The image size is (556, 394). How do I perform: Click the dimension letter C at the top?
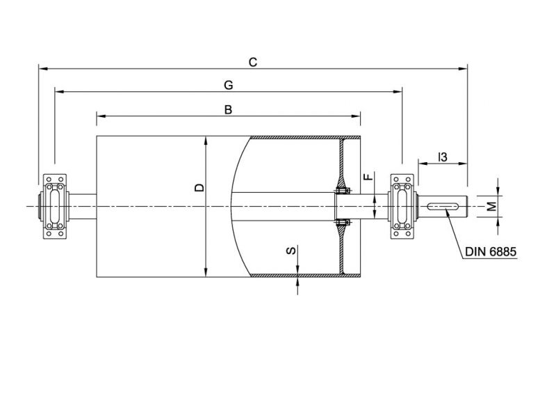[x=253, y=63]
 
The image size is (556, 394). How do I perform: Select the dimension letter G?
[x=228, y=85]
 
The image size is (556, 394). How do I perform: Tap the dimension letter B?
[x=228, y=109]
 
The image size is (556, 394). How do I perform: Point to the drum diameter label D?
[x=199, y=187]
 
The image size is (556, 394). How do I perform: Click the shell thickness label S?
[x=292, y=250]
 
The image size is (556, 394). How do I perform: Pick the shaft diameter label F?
[x=369, y=178]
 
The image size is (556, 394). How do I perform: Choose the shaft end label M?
[x=491, y=206]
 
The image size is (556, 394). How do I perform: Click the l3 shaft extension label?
[x=442, y=157]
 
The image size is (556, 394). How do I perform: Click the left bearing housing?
[x=55, y=206]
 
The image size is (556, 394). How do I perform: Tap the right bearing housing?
[x=402, y=206]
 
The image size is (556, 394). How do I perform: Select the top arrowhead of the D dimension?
[x=206, y=139]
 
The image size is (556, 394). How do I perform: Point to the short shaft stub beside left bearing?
[x=82, y=205]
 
